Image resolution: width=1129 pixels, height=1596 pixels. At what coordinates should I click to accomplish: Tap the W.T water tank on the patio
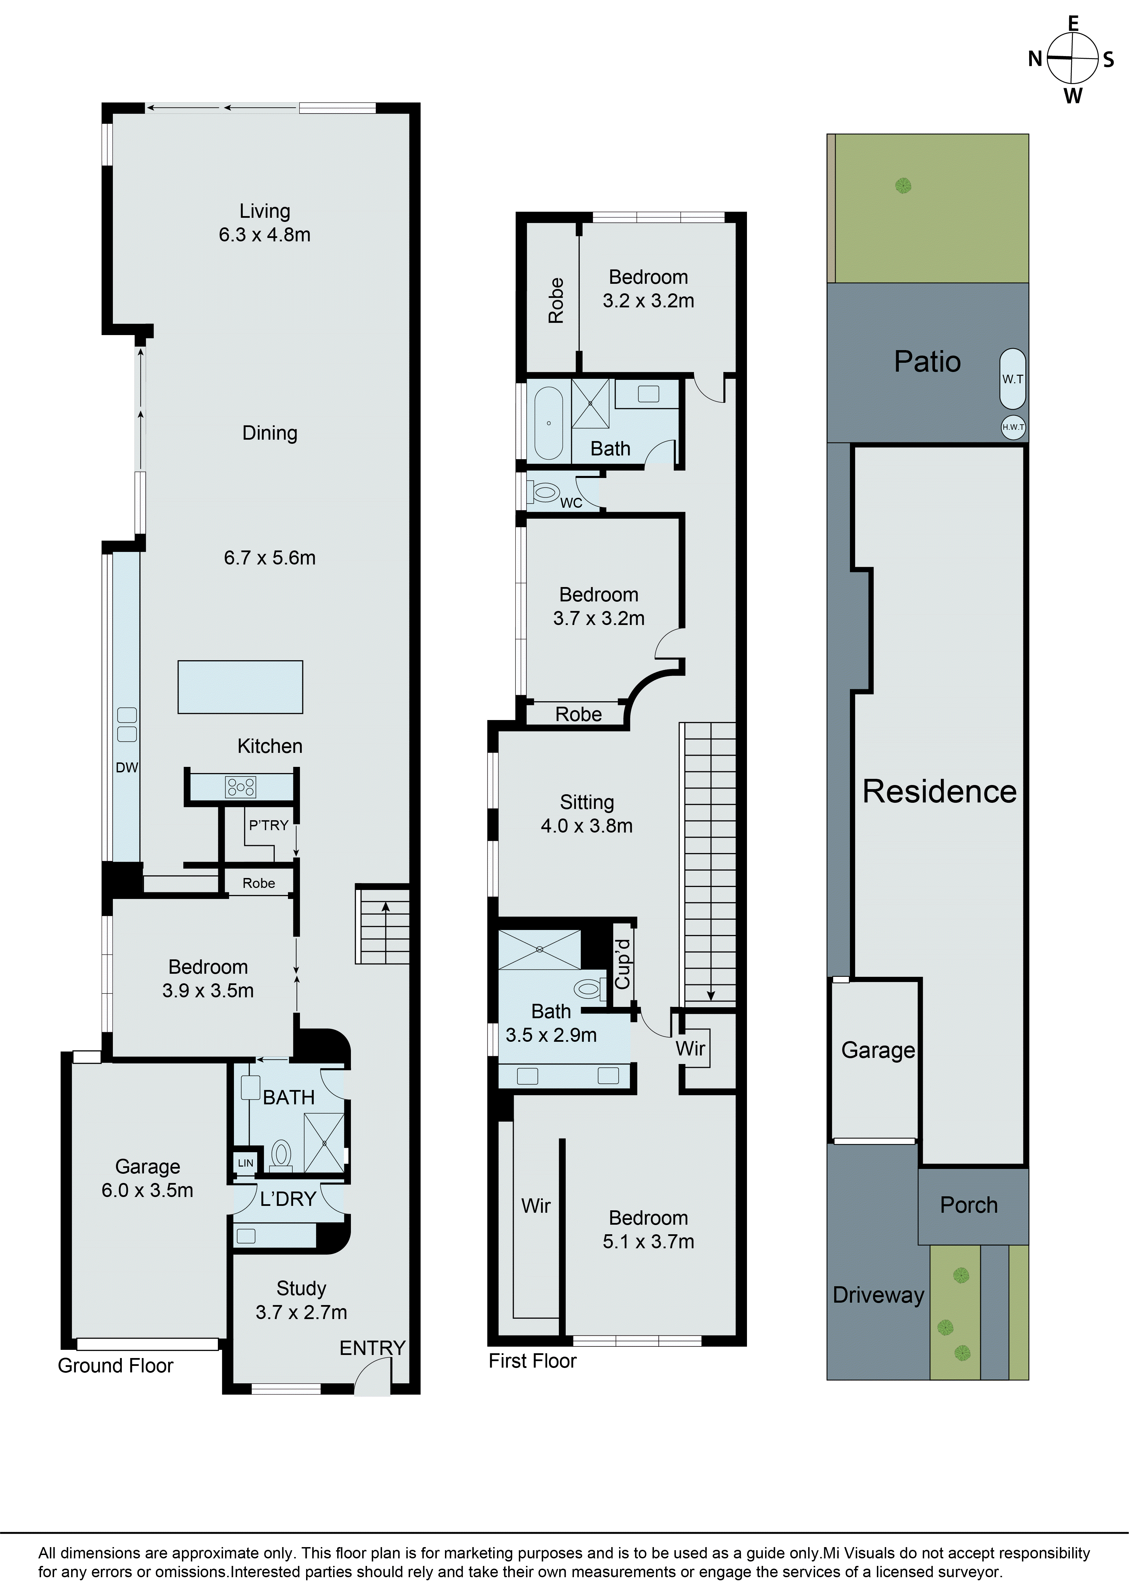1012,379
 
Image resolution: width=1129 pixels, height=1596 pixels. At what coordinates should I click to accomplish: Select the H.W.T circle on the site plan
1013,427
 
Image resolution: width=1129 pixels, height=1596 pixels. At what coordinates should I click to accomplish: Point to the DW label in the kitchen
127,768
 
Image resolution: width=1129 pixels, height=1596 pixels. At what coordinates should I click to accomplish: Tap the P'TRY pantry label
268,825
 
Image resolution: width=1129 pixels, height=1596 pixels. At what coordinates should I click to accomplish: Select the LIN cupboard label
246,1163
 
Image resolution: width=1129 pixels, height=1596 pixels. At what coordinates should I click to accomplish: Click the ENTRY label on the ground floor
372,1348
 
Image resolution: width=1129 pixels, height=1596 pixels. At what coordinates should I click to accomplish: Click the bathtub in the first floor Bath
549,423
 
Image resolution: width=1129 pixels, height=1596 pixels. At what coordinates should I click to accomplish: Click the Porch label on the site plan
968,1205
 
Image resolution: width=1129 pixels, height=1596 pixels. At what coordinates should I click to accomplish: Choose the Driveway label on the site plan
878,1295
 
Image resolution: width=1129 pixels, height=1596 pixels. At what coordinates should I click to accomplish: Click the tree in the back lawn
903,186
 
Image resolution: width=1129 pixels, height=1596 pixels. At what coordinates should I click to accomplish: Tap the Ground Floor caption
115,1365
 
